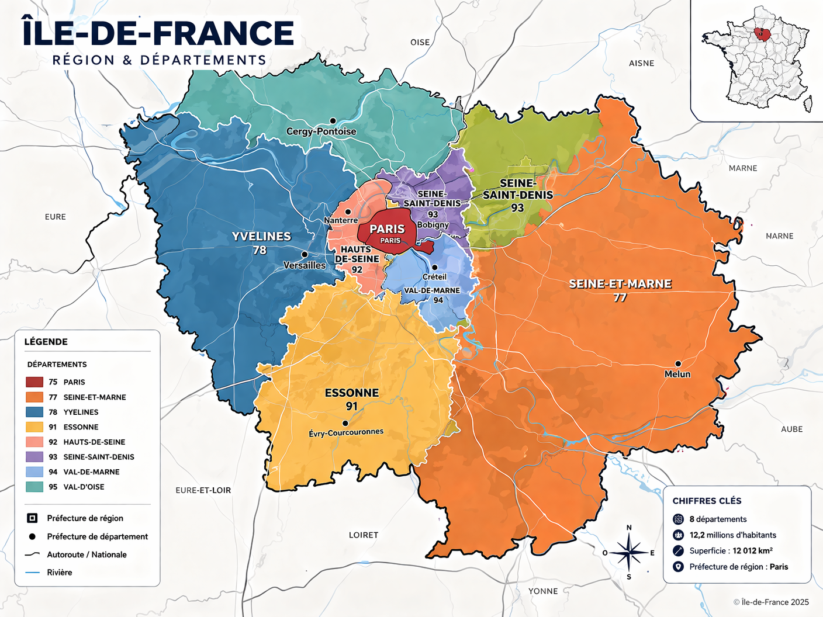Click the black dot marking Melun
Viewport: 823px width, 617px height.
678,363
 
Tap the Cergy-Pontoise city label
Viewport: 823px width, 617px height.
321,131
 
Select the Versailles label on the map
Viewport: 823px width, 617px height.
305,265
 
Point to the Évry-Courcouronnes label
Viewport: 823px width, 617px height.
346,433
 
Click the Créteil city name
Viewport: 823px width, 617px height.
434,277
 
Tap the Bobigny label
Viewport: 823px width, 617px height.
433,225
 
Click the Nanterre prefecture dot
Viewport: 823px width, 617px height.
348,212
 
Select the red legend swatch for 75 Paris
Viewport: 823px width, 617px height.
34,382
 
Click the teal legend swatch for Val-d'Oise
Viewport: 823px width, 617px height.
34,487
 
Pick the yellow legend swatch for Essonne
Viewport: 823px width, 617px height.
34,427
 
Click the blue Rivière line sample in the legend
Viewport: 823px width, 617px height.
33,573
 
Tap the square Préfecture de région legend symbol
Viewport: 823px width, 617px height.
33,518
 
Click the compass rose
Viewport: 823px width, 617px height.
628,553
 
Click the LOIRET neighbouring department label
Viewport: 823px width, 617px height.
364,535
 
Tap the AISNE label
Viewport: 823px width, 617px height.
641,63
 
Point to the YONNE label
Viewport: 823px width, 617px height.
543,591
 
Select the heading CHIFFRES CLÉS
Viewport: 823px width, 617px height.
707,501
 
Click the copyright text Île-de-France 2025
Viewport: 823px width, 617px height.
771,602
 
